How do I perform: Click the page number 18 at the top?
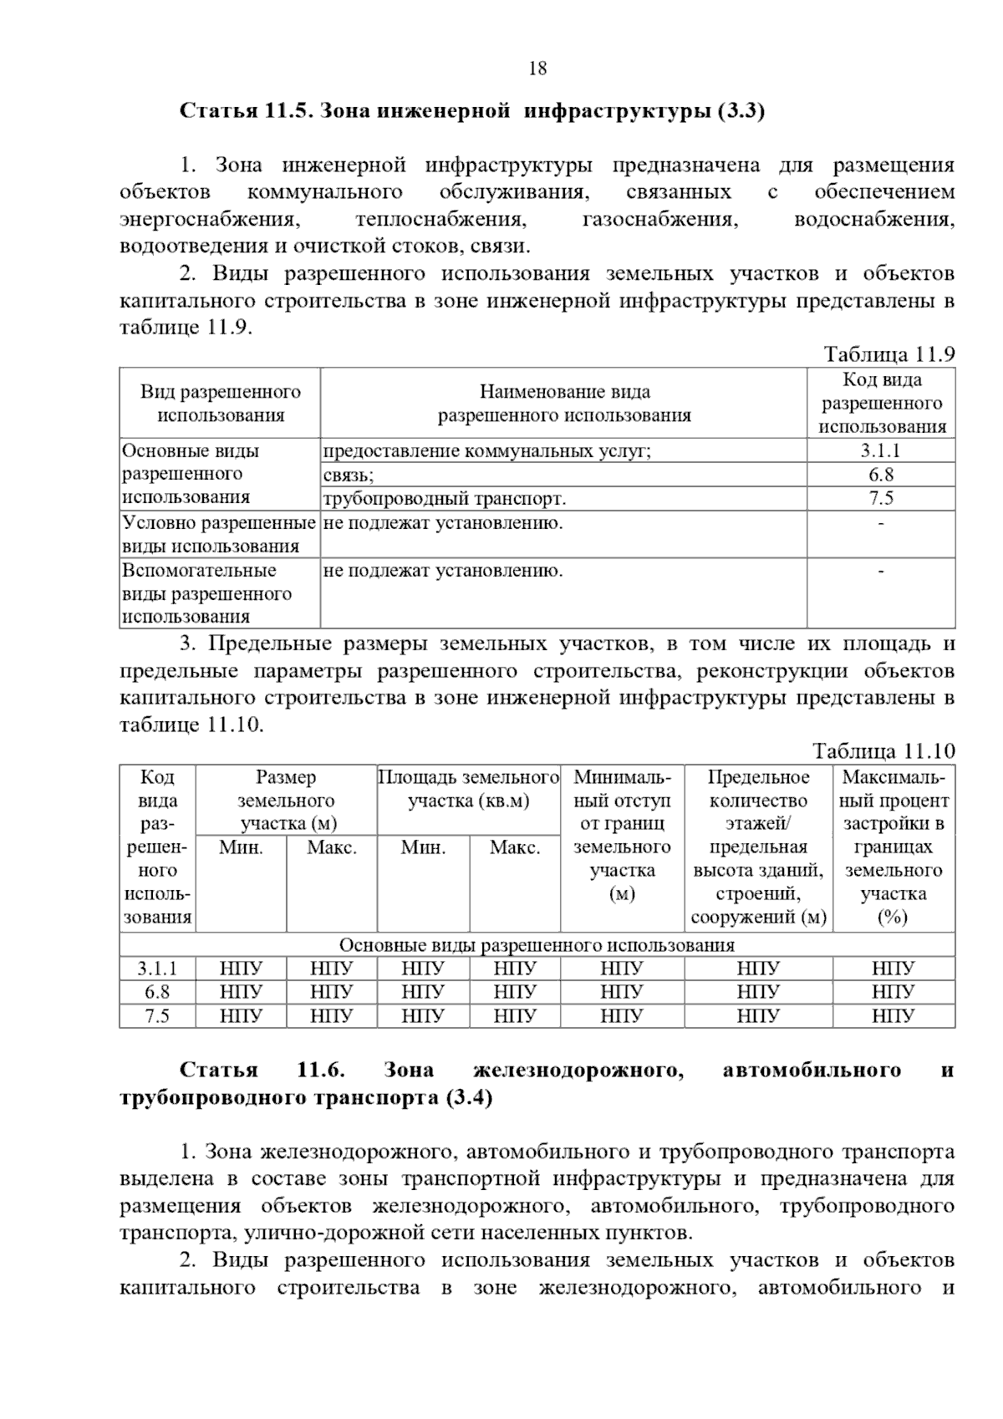point(537,69)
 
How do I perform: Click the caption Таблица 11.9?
point(889,354)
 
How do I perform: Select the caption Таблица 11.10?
point(883,750)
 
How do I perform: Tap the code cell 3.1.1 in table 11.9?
point(881,450)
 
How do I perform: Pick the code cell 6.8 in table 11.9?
point(881,475)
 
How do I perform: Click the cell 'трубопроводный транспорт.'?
point(445,499)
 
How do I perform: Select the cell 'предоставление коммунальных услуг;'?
point(486,451)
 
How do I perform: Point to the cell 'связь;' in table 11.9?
point(349,475)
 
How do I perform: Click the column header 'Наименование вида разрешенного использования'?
point(564,404)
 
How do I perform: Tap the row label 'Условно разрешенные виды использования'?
point(219,535)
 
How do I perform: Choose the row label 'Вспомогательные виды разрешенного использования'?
point(207,593)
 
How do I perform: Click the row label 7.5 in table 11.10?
point(157,1015)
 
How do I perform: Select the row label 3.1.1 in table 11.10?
point(157,969)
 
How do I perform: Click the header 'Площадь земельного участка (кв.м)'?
point(469,789)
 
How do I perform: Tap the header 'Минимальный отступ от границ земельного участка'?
point(622,836)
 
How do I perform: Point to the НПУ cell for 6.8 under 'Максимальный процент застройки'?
point(893,992)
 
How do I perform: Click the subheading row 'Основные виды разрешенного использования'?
point(537,945)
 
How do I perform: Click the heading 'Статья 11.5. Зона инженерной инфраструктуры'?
point(472,111)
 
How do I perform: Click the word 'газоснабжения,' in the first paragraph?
point(659,220)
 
